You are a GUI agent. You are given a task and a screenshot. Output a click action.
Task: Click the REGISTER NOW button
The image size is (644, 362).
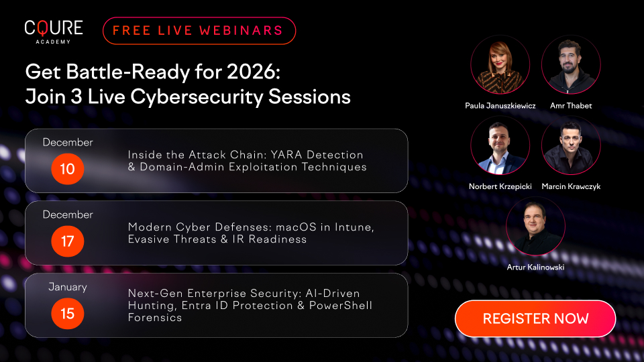click(x=535, y=318)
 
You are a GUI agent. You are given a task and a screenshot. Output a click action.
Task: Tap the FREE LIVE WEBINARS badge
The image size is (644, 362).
click(x=199, y=31)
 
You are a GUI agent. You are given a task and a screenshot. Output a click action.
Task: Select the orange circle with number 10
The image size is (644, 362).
click(x=68, y=168)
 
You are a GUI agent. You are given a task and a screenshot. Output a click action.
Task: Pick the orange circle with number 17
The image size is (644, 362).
click(x=68, y=241)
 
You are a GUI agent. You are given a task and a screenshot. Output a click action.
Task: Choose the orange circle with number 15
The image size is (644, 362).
click(x=68, y=313)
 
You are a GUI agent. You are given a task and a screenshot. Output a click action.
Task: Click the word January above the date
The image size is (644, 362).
click(x=68, y=287)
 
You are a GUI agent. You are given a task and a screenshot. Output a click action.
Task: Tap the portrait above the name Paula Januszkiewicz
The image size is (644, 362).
click(x=500, y=65)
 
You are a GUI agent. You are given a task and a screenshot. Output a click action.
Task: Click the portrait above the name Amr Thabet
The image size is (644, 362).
click(x=570, y=65)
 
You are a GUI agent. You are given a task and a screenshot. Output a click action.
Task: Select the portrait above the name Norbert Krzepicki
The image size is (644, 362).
click(x=500, y=145)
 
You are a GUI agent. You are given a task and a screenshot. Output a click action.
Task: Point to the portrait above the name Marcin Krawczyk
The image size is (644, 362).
click(x=570, y=145)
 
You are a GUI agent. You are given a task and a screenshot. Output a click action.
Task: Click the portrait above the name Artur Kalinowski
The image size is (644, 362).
click(x=535, y=226)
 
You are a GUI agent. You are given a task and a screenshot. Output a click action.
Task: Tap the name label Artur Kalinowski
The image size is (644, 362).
click(x=535, y=267)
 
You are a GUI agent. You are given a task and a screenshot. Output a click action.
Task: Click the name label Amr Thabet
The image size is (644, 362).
click(x=570, y=106)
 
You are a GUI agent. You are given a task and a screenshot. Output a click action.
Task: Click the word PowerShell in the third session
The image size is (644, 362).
click(x=339, y=306)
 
